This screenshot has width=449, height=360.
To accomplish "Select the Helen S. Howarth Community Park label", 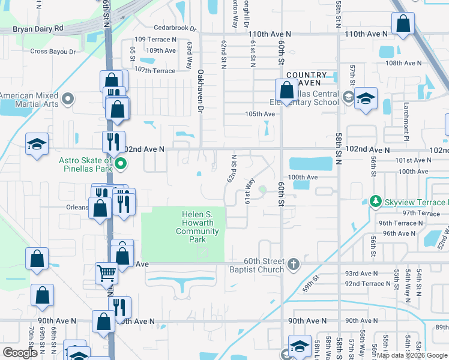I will click(x=197, y=227).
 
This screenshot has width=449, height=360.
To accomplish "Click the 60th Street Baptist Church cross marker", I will click(x=293, y=264).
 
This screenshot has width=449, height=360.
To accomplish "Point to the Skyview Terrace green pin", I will click(x=376, y=200).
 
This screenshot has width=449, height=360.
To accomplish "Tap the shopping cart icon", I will click(x=106, y=273).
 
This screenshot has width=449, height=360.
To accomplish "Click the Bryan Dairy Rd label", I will click(x=38, y=28).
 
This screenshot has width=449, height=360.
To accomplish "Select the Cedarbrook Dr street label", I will click(x=175, y=28).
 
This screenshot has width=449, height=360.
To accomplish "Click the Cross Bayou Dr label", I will click(x=53, y=52).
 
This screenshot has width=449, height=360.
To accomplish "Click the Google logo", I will click(x=20, y=353).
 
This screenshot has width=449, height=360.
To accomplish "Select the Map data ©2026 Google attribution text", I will click(x=412, y=355).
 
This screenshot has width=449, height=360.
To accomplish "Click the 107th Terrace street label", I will click(x=155, y=71).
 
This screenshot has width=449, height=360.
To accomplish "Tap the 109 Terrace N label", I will click(x=155, y=39).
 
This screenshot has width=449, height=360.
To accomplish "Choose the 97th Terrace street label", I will click(x=421, y=213).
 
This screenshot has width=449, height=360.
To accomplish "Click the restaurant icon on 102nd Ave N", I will click(x=111, y=142).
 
